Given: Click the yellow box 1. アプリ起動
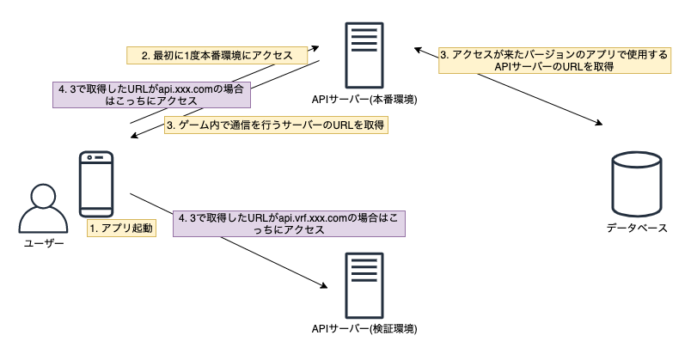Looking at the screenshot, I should click(120, 229).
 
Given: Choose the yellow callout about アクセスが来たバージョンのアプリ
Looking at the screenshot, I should click(553, 60).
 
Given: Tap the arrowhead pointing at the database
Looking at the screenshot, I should click(598, 125).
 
